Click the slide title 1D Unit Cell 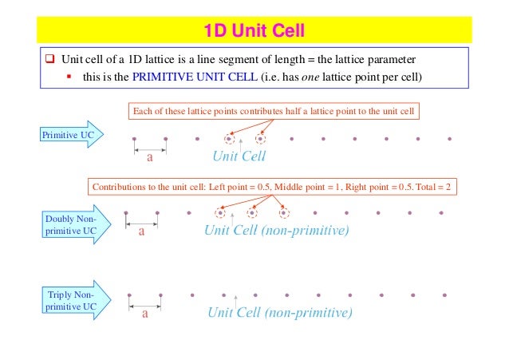(254, 32)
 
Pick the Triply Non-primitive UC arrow (69, 300)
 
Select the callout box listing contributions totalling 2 (273, 187)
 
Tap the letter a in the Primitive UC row (148, 157)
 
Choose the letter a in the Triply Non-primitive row (145, 313)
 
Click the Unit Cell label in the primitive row (239, 156)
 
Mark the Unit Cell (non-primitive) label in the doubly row (277, 231)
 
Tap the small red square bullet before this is (70, 77)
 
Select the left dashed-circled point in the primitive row (229, 137)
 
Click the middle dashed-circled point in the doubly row (251, 213)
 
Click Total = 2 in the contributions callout (432, 187)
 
